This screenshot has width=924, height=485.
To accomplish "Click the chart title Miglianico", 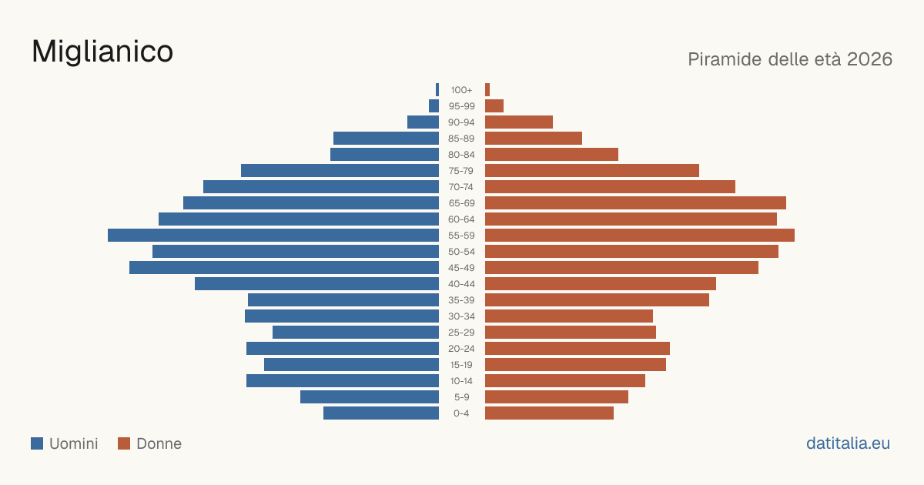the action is pos(102,52).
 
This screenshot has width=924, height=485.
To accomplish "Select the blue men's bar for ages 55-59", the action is pos(273,235).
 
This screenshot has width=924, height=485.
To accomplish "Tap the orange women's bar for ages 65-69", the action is pos(635,203).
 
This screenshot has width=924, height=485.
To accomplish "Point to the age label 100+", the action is pos(461,90).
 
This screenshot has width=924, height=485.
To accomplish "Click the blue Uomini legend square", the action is pos(37,443).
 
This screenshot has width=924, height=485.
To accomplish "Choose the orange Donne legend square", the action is pos(124,443).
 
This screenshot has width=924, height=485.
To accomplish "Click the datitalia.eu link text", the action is pos(848,443).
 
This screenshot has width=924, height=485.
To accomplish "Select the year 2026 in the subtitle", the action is pos(869,59).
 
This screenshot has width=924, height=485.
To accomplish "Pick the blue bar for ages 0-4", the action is pos(381,413).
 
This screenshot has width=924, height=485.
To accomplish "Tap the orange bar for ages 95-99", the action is pos(494,106).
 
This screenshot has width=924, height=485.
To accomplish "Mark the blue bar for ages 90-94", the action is pos(423,122).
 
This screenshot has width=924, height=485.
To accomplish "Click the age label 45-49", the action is pos(461,268).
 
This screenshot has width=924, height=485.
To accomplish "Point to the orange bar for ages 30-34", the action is pos(569,316).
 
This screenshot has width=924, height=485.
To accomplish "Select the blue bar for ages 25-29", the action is pos(356,332).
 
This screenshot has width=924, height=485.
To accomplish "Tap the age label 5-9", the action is pos(461,397).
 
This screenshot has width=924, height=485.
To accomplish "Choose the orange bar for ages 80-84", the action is pos(551,154).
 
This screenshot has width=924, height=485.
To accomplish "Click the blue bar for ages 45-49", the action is pos(284,268).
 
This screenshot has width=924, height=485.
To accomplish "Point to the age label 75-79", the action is pos(461,171).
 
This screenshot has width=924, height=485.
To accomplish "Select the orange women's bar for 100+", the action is pos(487,90).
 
